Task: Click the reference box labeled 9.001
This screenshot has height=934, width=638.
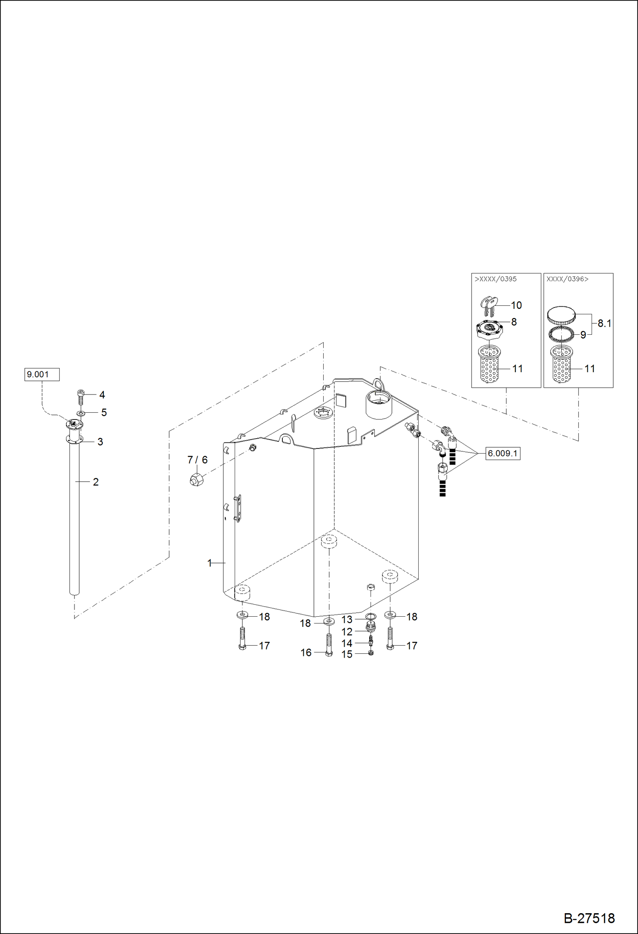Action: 41,374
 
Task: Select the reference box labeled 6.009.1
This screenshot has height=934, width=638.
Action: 503,453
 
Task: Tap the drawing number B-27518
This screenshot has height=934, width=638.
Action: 589,918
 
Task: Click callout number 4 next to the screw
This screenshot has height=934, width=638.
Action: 102,395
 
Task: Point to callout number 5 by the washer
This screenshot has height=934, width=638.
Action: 104,412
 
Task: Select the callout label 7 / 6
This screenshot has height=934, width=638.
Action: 197,460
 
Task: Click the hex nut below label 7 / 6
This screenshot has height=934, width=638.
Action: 196,479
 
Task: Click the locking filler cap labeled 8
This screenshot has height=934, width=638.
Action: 490,328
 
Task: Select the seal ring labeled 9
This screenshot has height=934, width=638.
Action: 561,334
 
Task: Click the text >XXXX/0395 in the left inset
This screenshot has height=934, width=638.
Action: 496,279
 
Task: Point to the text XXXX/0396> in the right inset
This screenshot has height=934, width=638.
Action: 567,279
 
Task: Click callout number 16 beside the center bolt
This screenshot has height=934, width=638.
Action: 306,652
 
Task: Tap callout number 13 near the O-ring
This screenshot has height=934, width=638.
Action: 347,619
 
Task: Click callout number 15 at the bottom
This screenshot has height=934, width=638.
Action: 347,654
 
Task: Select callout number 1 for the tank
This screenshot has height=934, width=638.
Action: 210,563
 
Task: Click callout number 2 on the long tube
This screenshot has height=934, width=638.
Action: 95,482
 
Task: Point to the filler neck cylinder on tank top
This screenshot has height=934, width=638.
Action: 378,405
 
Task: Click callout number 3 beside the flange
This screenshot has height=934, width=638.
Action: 100,442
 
